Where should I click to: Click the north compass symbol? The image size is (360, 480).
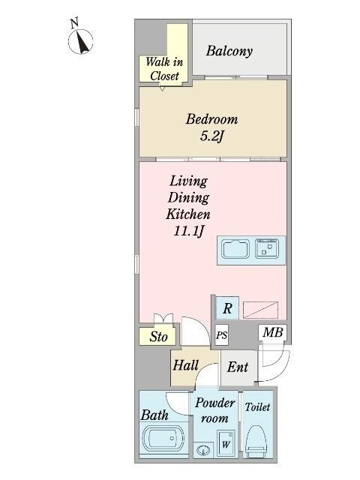click(81, 41)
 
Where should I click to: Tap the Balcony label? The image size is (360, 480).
click(229, 52)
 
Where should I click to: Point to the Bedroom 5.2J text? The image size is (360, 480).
click(212, 127)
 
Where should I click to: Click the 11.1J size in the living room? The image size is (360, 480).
click(188, 232)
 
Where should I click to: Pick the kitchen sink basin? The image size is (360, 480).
click(236, 248)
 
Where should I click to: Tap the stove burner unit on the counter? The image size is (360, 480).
click(267, 248)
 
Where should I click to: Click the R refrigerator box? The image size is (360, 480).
click(226, 307)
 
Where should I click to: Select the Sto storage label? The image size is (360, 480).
click(158, 337)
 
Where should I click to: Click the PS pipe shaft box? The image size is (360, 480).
click(222, 336)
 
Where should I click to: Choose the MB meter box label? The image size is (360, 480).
click(271, 332)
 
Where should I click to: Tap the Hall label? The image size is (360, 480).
click(185, 366)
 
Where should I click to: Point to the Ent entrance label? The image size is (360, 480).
click(238, 367)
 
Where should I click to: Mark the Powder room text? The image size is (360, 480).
click(216, 409)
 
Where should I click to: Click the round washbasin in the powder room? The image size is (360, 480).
click(202, 450)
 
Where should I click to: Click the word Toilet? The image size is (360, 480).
click(257, 408)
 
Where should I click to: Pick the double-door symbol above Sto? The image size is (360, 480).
click(162, 318)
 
